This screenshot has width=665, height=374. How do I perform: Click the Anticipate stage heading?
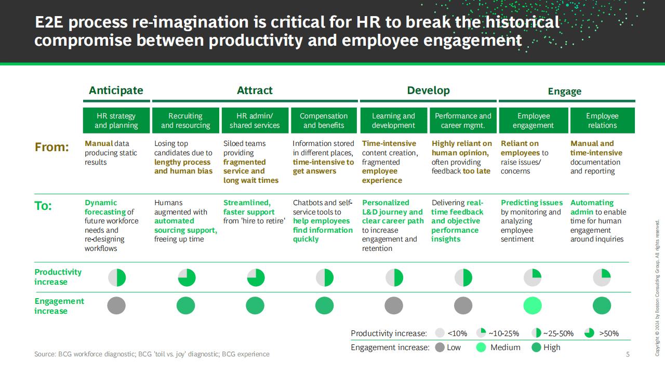click(116, 90)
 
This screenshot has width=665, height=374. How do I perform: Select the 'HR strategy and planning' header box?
click(116, 120)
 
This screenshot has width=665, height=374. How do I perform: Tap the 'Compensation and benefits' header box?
click(324, 120)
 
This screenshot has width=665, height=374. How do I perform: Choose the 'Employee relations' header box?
click(602, 120)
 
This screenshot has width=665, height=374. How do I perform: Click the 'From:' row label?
click(51, 147)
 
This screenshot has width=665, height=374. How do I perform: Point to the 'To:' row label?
click(43, 206)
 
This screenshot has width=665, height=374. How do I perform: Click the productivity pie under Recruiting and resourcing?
click(187, 277)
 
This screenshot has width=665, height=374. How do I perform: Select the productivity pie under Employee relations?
click(602, 277)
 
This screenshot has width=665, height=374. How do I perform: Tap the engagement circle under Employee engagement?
click(533, 305)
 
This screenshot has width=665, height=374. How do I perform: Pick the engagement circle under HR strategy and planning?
click(116, 305)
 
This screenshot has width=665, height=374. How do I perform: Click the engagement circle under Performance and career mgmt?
click(463, 305)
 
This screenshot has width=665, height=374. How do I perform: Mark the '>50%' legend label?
click(609, 333)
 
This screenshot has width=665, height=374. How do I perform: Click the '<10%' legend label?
click(457, 333)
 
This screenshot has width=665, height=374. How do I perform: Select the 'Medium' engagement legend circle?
click(481, 348)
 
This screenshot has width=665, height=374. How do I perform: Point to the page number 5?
click(628, 354)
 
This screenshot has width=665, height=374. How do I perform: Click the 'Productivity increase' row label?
click(58, 277)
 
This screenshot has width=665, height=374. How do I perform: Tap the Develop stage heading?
click(429, 90)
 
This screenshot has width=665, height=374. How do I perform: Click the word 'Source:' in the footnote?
click(45, 354)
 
